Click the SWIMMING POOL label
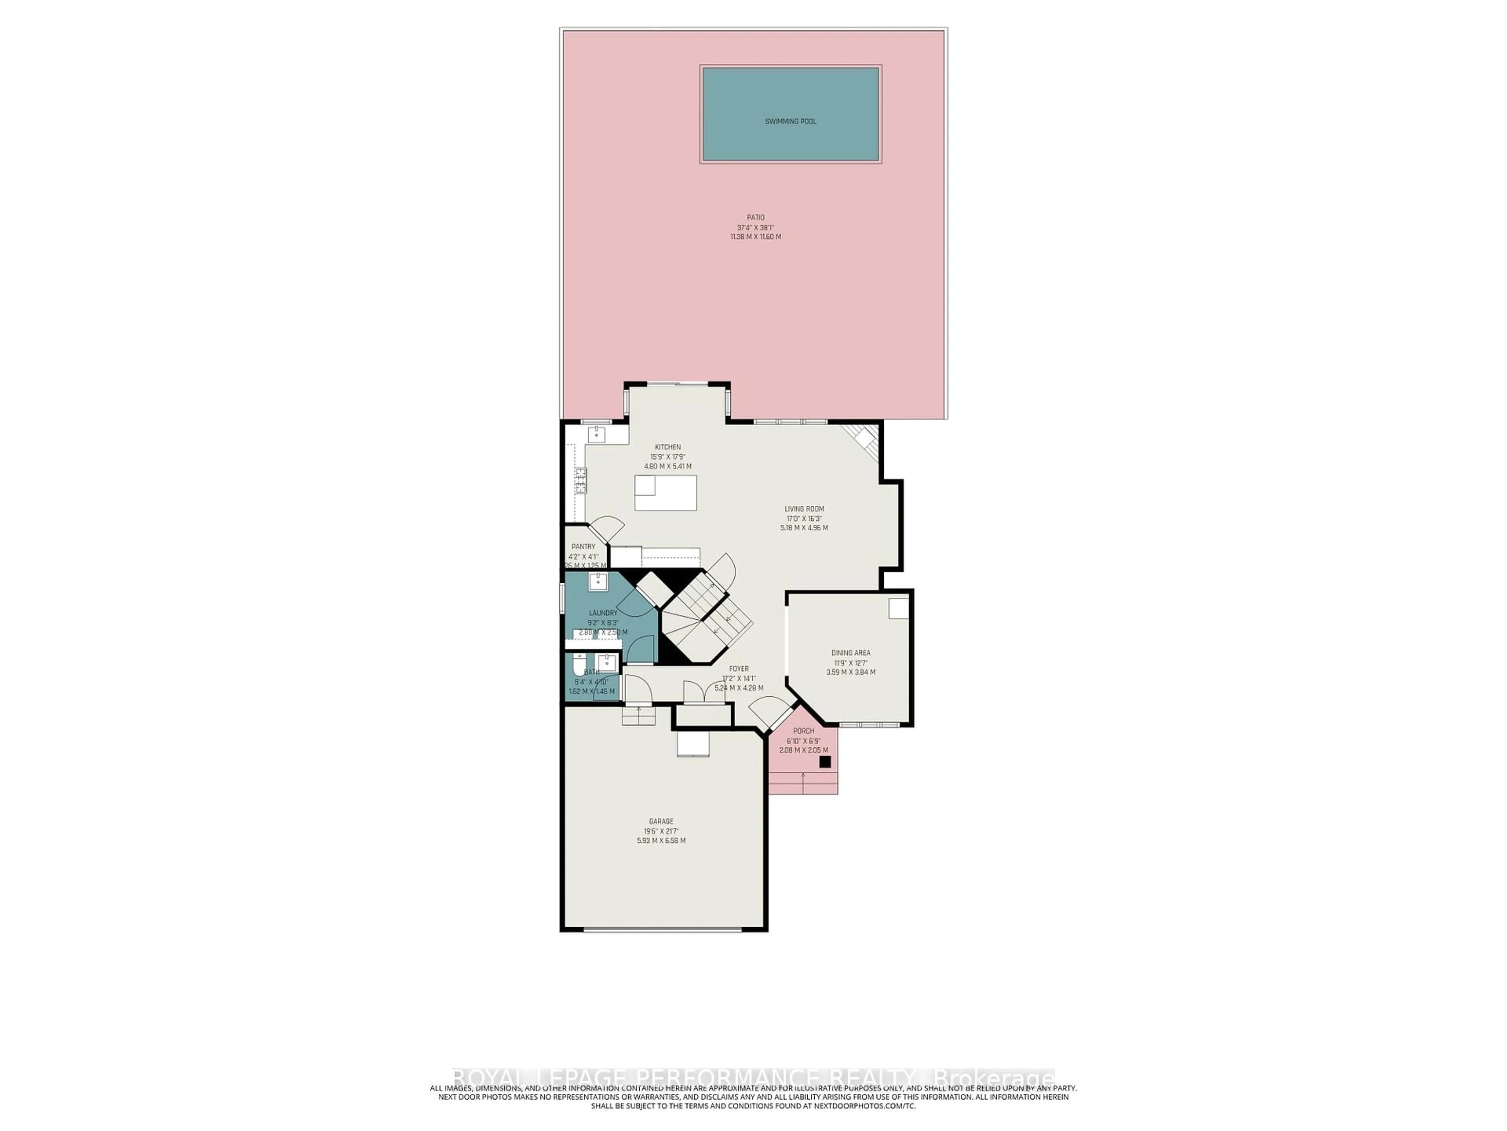tap(790, 121)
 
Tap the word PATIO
tap(755, 218)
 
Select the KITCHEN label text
tap(668, 447)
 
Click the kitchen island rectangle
tap(666, 492)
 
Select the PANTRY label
tap(583, 547)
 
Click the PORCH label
tap(803, 731)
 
